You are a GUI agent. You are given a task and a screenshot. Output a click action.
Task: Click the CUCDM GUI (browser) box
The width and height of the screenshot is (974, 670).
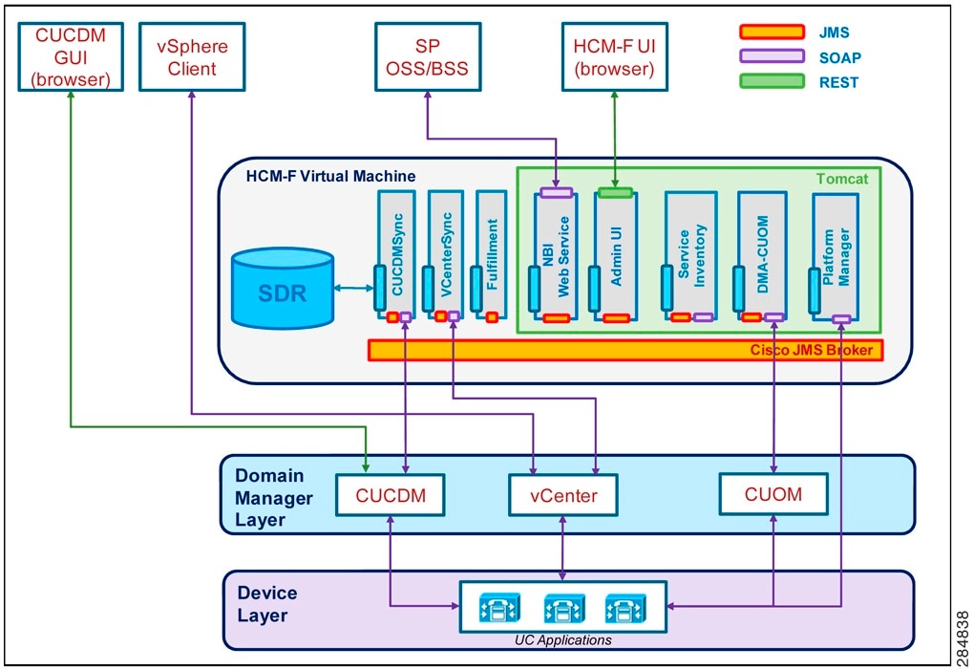pyautogui.click(x=72, y=56)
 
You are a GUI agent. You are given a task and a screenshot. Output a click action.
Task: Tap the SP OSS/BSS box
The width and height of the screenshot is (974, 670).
pyautogui.click(x=427, y=56)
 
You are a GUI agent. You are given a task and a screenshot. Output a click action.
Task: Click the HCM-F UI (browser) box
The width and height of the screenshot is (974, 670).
pyautogui.click(x=614, y=56)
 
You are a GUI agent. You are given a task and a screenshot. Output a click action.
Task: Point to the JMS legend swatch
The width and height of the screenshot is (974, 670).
pyautogui.click(x=771, y=32)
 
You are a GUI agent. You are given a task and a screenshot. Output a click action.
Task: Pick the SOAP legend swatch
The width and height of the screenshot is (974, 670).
pyautogui.click(x=771, y=56)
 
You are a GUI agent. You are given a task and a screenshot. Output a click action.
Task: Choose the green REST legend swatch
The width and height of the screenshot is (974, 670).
pyautogui.click(x=771, y=81)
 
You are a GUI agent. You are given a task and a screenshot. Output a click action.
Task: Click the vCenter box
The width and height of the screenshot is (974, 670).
pyautogui.click(x=562, y=496)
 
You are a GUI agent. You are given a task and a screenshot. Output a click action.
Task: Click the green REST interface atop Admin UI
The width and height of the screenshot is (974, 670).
pyautogui.click(x=614, y=192)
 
